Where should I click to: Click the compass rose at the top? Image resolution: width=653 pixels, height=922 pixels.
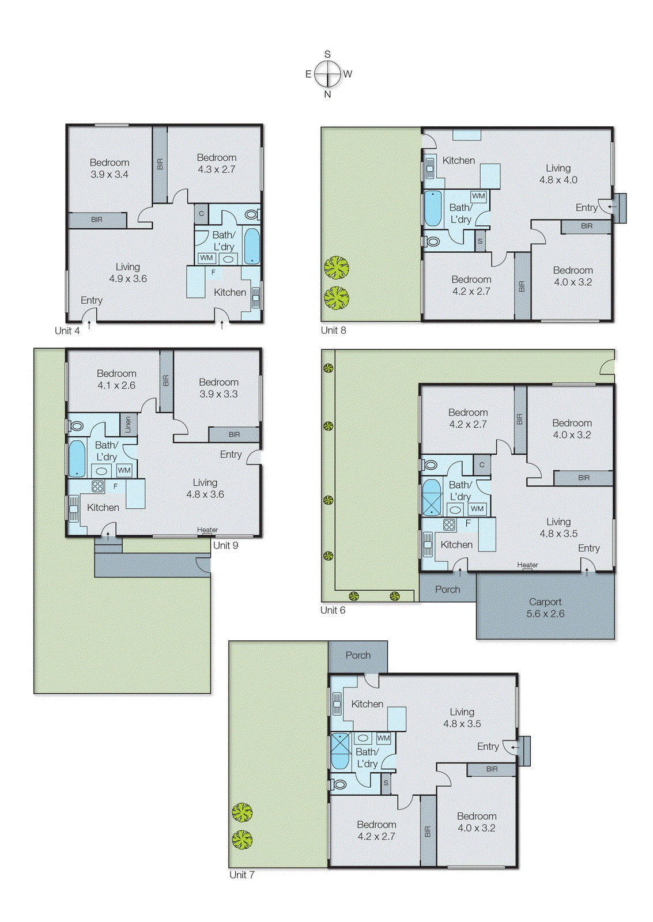(327, 74)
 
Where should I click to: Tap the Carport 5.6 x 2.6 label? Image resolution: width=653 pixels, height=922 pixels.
(545, 607)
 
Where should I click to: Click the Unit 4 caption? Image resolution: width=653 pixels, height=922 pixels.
(67, 330)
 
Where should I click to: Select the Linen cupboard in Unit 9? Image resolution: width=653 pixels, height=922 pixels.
(128, 424)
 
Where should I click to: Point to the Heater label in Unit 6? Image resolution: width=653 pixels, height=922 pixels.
(527, 565)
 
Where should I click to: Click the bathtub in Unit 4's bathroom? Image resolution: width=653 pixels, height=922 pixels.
(252, 246)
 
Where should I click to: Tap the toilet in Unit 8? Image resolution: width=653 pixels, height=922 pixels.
(432, 241)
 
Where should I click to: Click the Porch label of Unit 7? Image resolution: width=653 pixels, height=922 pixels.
(358, 655)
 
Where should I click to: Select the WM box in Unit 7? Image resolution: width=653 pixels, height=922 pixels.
(383, 738)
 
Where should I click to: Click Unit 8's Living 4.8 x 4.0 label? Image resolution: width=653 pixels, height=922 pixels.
(558, 174)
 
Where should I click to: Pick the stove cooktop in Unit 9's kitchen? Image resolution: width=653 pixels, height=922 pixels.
(97, 486)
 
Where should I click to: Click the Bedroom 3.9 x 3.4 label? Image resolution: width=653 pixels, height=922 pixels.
(110, 168)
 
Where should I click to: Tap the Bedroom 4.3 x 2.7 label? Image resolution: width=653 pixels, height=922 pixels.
(217, 163)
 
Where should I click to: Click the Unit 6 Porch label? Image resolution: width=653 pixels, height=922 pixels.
(447, 589)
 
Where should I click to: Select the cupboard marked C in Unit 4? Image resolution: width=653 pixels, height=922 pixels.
(201, 214)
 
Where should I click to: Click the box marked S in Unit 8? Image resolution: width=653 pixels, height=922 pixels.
(480, 241)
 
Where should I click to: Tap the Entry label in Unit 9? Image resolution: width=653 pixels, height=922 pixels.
(231, 454)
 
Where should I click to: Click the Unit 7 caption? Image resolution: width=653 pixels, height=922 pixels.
(241, 875)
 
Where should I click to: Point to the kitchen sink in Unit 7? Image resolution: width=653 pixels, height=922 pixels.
(337, 704)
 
